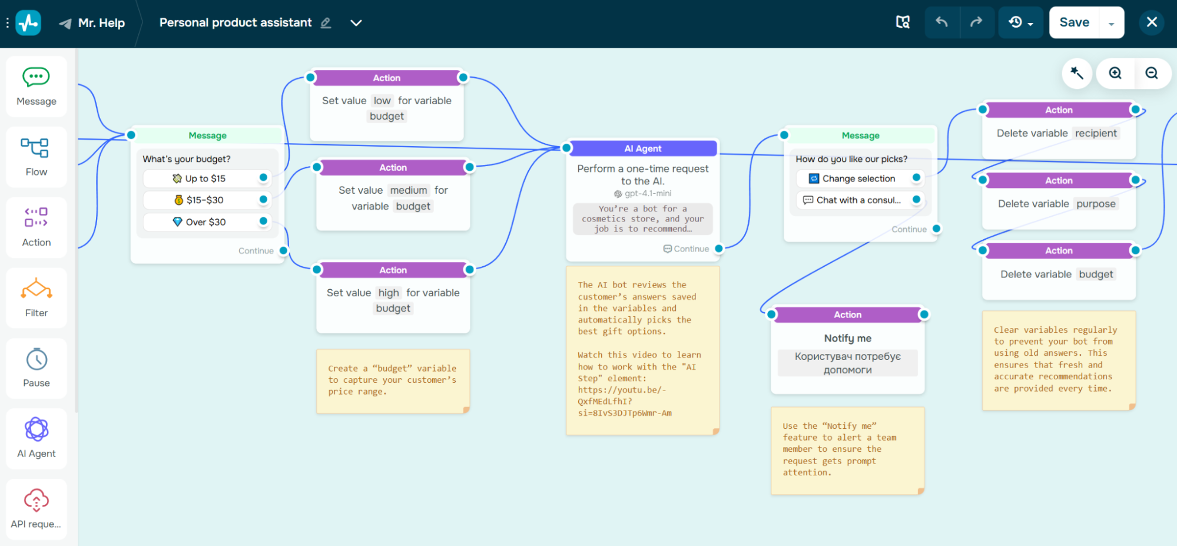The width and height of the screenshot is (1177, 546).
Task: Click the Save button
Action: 1074,22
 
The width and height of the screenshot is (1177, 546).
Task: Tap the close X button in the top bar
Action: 1152,22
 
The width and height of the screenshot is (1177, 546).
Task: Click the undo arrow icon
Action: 941,22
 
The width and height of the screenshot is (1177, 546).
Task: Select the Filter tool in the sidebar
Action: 37,297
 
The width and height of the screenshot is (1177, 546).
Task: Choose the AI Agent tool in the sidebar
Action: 37,438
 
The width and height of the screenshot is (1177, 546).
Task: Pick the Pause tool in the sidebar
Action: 37,368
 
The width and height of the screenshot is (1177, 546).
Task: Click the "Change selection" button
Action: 858,178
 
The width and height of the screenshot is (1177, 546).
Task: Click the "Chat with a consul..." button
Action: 858,200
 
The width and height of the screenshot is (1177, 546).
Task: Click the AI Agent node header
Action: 642,148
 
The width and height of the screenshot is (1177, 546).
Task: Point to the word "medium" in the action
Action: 408,190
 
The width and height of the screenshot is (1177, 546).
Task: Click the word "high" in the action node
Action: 389,293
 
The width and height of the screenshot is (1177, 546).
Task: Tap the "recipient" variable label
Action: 1095,133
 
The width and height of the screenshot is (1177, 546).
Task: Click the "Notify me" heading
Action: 847,338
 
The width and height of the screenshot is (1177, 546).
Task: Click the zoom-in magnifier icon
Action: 1115,73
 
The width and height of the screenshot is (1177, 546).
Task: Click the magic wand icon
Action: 1077,73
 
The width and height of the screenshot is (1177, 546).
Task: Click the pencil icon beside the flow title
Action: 326,23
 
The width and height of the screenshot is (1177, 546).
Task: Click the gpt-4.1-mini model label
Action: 647,193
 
